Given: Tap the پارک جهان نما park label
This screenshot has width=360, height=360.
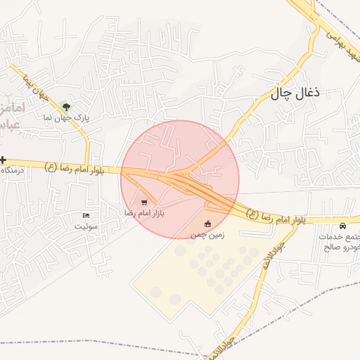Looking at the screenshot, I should (66, 118).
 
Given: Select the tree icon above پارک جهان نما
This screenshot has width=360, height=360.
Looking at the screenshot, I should (66, 107).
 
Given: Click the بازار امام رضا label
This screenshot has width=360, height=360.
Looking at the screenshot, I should (143, 212).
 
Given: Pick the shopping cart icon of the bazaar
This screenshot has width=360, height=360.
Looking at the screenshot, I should (144, 202).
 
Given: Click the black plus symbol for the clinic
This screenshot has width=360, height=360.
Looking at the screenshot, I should (4, 160).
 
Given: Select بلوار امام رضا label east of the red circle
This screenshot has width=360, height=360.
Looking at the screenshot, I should (276, 216).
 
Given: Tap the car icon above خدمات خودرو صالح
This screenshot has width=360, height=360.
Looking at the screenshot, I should (342, 226).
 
